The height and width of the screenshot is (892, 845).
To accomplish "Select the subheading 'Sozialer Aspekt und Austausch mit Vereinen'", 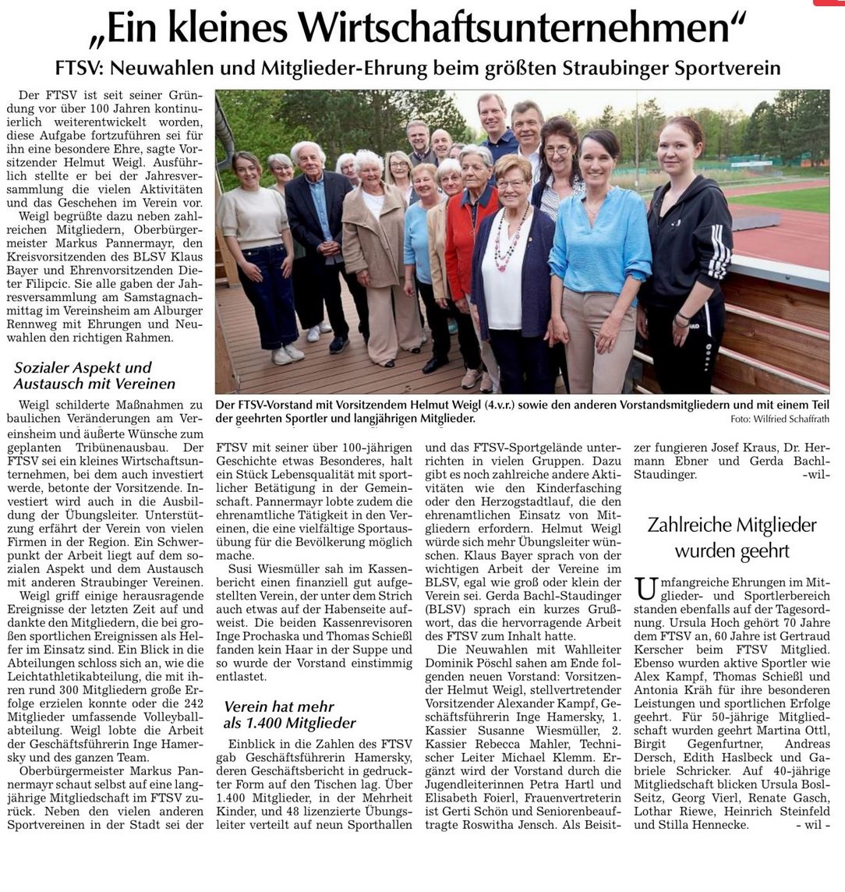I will point(94,376).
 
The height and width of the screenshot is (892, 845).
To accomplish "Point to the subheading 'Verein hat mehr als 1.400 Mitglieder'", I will point(289,715).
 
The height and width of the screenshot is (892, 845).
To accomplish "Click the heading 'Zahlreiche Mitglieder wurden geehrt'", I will point(732,538).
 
